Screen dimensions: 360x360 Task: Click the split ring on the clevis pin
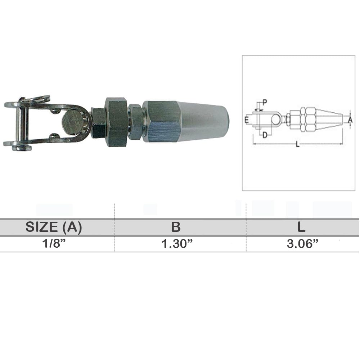[40, 98]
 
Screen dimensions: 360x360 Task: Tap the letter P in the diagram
[265, 102]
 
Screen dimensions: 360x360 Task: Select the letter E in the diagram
[246, 120]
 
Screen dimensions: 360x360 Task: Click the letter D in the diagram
[265, 135]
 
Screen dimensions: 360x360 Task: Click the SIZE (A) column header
[54, 227]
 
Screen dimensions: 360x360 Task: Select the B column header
[176, 227]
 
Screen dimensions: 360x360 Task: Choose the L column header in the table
[301, 227]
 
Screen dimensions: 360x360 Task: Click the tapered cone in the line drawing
[329, 120]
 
